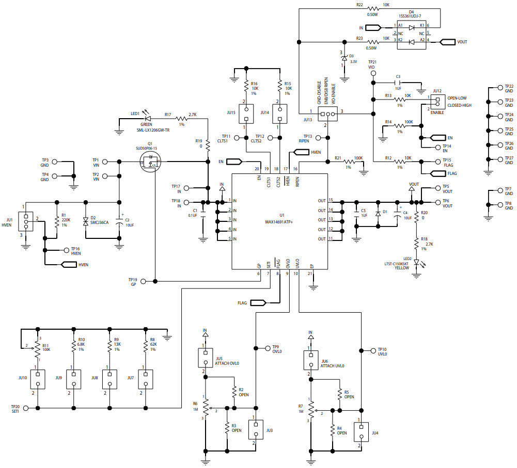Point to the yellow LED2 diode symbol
coord(416,263)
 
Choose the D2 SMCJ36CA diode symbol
coord(85,221)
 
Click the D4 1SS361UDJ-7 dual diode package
coord(412,33)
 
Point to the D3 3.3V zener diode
coord(344,58)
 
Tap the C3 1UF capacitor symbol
coord(397,82)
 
